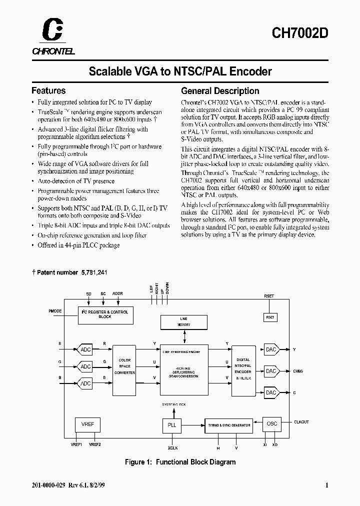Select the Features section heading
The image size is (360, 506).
(48, 90)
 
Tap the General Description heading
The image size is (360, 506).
(220, 91)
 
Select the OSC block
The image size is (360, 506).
(271, 424)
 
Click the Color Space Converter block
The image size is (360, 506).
(124, 367)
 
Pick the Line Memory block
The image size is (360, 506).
(183, 321)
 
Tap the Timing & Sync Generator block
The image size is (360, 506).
(228, 425)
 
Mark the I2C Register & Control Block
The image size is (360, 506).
(104, 314)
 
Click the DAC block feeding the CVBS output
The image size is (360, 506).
(271, 371)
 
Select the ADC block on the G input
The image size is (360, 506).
(85, 366)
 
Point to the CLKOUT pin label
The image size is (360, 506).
(301, 422)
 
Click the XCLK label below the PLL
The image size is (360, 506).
(172, 448)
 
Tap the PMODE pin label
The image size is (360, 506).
(55, 311)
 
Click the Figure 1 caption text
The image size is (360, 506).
(180, 462)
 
